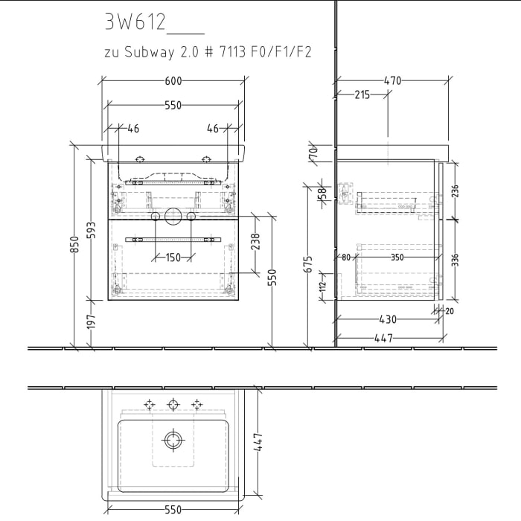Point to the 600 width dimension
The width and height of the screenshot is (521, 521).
[173, 81]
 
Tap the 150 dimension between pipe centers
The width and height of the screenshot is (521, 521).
[173, 258]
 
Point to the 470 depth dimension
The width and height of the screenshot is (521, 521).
[392, 81]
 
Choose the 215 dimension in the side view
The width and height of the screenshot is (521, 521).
[362, 95]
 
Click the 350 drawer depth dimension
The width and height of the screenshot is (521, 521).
[397, 258]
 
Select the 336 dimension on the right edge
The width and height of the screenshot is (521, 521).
[456, 259]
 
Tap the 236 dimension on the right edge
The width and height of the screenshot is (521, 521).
[456, 192]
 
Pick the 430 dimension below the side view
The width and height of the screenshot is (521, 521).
[388, 319]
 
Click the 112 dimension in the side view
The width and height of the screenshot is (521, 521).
[323, 287]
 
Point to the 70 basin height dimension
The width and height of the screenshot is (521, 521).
[313, 153]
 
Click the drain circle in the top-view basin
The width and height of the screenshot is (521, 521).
[173, 440]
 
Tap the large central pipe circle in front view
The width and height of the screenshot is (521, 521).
[173, 217]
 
